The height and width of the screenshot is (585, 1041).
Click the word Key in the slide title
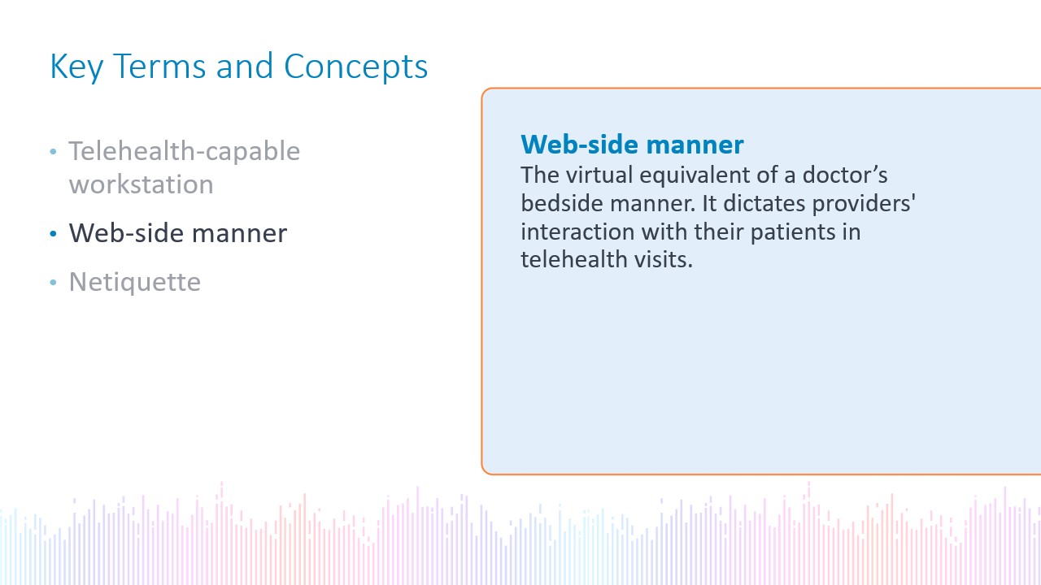click(x=76, y=67)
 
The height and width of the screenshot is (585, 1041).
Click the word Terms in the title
click(x=159, y=66)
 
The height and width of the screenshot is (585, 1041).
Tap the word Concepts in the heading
click(x=355, y=67)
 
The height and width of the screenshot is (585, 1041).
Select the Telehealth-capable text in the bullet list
click(x=185, y=151)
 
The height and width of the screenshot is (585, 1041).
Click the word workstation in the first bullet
click(x=142, y=184)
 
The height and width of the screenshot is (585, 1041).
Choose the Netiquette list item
click(x=135, y=281)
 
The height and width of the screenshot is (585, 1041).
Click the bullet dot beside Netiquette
click(x=53, y=282)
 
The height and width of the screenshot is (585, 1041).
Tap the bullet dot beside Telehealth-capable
click(x=53, y=151)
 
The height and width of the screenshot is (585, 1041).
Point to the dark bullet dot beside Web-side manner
click(x=53, y=233)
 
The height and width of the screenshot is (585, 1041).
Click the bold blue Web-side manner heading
click(x=632, y=145)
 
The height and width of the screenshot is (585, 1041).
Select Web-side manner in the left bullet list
click(x=178, y=232)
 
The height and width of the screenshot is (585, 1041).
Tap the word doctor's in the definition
click(x=845, y=175)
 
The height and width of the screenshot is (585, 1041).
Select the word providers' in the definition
click(x=864, y=204)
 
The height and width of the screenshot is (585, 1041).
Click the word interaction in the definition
click(x=577, y=232)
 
